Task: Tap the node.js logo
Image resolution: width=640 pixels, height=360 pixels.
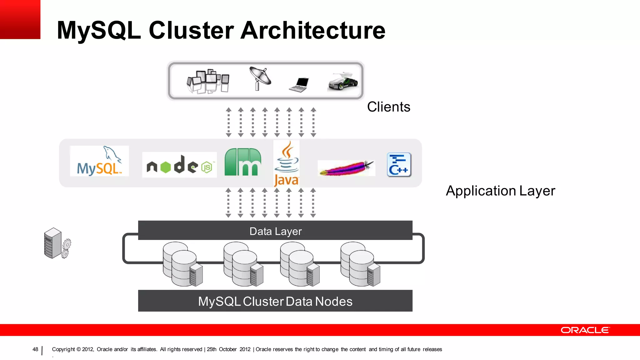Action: (179, 165)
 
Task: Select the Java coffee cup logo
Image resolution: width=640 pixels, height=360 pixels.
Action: (286, 163)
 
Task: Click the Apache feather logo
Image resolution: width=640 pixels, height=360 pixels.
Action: (346, 168)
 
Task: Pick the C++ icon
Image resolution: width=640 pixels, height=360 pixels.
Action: (399, 165)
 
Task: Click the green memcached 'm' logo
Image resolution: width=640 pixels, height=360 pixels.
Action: (242, 162)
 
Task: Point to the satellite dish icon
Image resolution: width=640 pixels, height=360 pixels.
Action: (260, 78)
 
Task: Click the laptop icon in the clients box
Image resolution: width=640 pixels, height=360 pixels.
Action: (299, 85)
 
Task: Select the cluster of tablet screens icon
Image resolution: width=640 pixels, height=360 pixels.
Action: (208, 81)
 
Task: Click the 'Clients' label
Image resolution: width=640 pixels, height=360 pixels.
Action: (388, 107)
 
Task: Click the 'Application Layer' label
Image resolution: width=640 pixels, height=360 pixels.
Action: (500, 191)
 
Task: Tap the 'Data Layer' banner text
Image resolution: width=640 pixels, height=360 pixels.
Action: (275, 231)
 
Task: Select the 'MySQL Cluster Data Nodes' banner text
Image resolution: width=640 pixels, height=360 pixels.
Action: (275, 301)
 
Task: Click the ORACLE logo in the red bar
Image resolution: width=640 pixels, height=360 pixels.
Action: (585, 330)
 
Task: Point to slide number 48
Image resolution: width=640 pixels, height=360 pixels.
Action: (35, 349)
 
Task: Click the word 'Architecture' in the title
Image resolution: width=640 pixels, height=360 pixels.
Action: (313, 30)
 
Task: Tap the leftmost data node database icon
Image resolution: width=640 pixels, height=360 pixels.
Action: (182, 264)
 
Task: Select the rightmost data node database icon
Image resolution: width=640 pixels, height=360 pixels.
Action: (360, 264)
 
